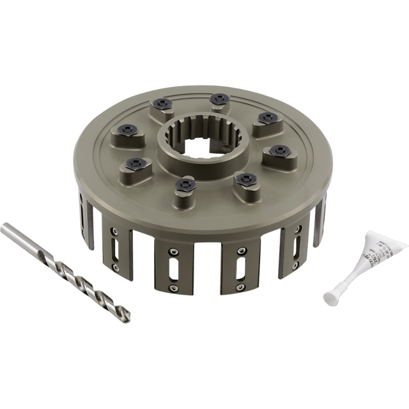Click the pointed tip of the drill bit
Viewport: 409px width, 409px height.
coord(131,318)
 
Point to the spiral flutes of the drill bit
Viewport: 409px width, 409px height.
coord(96,281)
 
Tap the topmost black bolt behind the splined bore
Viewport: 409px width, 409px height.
coord(219,98)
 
